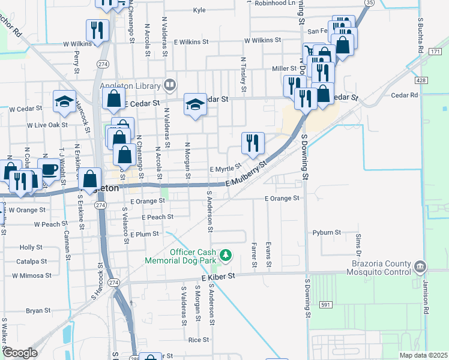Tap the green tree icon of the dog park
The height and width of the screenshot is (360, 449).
[x=226, y=256]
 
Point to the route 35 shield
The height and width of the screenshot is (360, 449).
[x=370, y=3]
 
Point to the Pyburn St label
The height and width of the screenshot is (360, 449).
[x=327, y=232]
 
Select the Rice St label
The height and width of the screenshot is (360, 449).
[x=198, y=340]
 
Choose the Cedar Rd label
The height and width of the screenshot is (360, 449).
[x=403, y=95]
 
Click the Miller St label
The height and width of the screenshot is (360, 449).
[x=285, y=69]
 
